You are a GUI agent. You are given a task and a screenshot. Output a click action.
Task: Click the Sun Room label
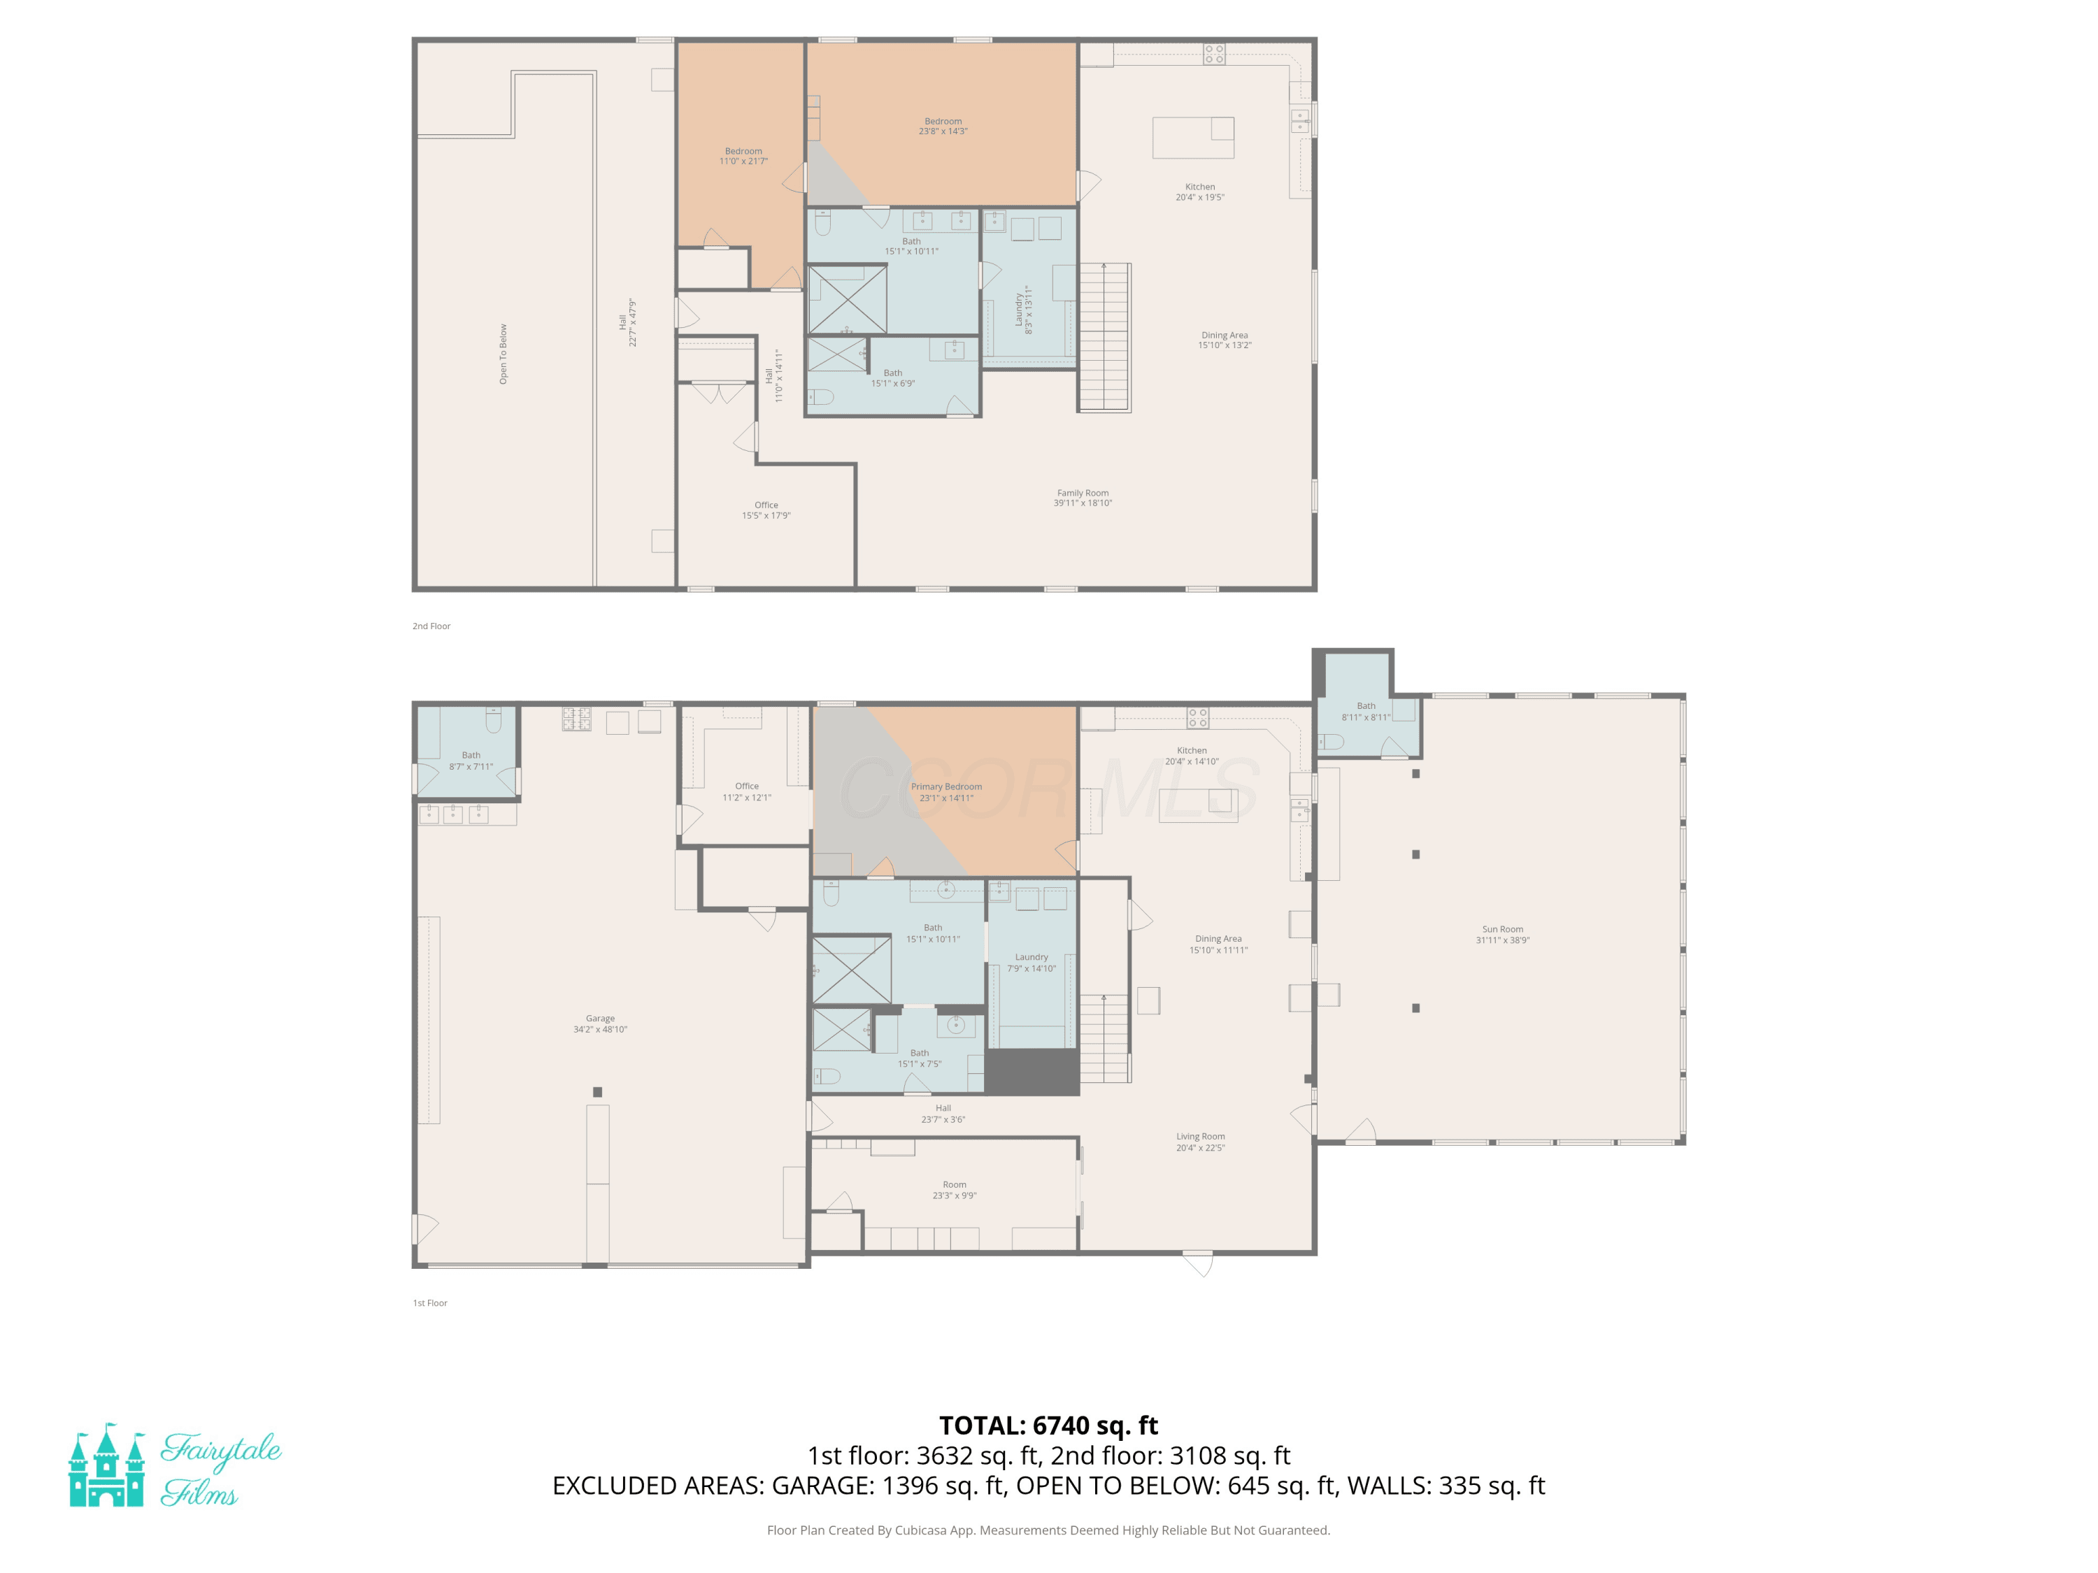pos(1502,935)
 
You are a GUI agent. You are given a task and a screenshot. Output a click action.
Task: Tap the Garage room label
pos(600,1024)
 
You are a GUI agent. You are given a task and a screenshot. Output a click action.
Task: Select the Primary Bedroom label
pos(947,791)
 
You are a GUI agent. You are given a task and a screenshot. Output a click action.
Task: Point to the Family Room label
pos(1082,498)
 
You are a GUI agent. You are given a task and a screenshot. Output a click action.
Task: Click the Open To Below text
pos(504,354)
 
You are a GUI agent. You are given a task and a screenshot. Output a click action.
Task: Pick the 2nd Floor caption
pos(431,626)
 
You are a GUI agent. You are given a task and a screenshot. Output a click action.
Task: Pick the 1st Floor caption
pos(429,1302)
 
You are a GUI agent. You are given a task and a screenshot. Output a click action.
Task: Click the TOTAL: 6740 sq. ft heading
pos(1048,1425)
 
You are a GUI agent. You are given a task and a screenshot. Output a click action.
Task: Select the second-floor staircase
pos(1104,338)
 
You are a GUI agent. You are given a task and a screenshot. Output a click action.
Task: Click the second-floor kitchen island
pos(1193,138)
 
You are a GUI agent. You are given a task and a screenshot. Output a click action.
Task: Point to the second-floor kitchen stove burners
pos(1214,54)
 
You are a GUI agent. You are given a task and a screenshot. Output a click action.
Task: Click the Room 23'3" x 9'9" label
pos(954,1190)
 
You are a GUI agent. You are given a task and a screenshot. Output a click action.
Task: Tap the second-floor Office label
pos(766,510)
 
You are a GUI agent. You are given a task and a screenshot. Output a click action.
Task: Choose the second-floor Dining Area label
pos(1225,340)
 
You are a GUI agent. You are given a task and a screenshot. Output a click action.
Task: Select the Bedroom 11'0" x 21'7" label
pos(743,155)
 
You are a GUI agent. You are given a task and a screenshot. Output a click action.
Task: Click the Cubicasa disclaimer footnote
pos(1048,1530)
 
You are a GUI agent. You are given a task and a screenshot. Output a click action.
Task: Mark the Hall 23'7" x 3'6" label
pos(943,1113)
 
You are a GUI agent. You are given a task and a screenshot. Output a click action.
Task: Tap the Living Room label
pos(1201,1142)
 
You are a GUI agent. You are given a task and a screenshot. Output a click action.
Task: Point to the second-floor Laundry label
pos(1023,310)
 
